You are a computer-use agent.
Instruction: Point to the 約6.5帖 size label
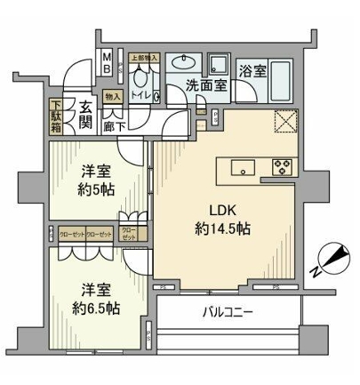click(x=92, y=307)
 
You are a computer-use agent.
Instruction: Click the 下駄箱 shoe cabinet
click(x=56, y=116)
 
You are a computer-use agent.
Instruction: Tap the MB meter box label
click(x=107, y=67)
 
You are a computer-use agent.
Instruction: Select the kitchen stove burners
click(x=284, y=166)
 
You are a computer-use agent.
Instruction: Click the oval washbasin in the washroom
click(x=187, y=62)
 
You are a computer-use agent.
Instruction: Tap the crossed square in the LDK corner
click(x=285, y=123)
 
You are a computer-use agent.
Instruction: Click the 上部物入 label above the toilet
click(x=144, y=58)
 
